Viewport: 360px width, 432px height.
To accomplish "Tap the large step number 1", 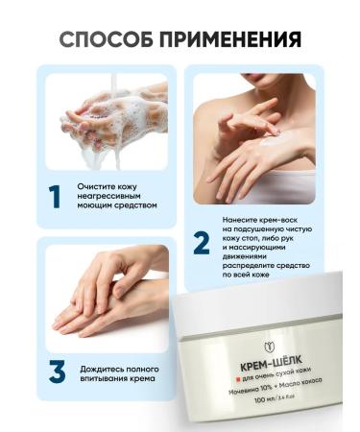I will [56, 198].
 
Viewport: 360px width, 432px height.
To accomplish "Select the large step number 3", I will [56, 372].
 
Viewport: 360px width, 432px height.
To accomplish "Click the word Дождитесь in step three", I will [106, 366].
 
